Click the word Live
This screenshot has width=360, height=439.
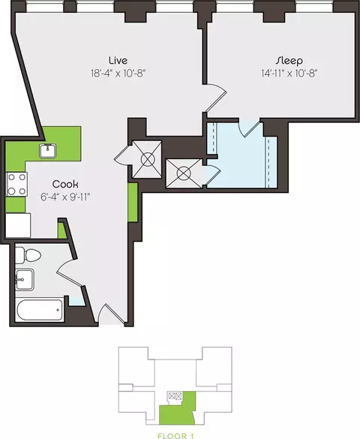(118, 60)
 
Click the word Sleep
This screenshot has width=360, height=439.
(289, 61)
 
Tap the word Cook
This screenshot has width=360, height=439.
(65, 184)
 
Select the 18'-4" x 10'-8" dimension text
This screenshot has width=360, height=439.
(118, 74)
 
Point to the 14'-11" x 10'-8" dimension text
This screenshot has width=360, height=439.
(289, 74)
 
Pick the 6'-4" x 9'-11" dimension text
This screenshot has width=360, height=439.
(65, 197)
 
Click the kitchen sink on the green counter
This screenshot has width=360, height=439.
(47, 151)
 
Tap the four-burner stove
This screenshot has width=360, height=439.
(16, 184)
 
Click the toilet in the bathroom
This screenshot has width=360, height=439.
(28, 255)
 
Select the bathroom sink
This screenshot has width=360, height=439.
(25, 280)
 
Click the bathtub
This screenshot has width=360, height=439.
(40, 310)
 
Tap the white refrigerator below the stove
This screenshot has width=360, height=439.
(18, 225)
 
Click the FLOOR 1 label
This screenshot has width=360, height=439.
(175, 436)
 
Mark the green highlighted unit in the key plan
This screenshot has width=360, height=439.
(178, 409)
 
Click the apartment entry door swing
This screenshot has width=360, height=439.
(110, 314)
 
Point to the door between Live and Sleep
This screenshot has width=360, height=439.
(214, 98)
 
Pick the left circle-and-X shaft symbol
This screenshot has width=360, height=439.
(148, 160)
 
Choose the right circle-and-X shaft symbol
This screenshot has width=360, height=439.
(184, 173)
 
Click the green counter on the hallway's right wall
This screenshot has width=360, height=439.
(133, 203)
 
